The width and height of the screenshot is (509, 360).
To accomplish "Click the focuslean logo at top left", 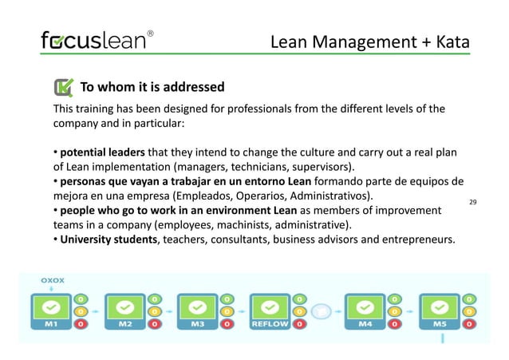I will tap(94, 41).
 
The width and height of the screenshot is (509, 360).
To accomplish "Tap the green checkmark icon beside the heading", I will tap(62, 88).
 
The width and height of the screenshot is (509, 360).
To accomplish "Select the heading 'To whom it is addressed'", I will tap(152, 87).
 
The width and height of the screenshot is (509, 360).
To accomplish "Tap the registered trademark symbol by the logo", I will tap(151, 34).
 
